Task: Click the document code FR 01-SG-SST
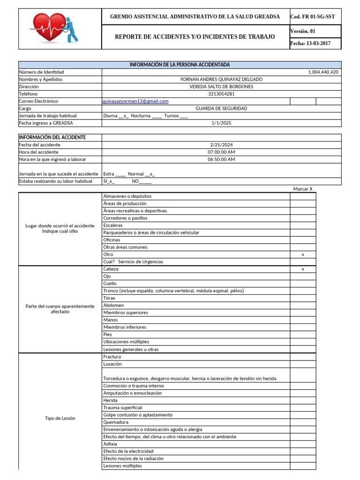(313, 17)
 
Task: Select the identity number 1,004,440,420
(323, 72)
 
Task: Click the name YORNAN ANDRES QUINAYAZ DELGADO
(221, 79)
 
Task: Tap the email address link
(135, 101)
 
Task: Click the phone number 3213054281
(221, 94)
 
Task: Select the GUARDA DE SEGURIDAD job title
(221, 108)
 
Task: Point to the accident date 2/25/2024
(221, 145)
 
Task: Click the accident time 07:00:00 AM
(221, 152)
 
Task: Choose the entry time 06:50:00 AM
(221, 159)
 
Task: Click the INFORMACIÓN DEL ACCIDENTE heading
(52, 137)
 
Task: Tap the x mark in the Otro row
(303, 255)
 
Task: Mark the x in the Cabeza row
(303, 269)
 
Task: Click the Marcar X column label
(303, 189)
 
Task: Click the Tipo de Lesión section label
(60, 418)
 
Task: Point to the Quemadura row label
(115, 422)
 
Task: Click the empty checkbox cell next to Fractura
(303, 357)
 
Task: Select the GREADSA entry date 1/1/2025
(221, 123)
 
